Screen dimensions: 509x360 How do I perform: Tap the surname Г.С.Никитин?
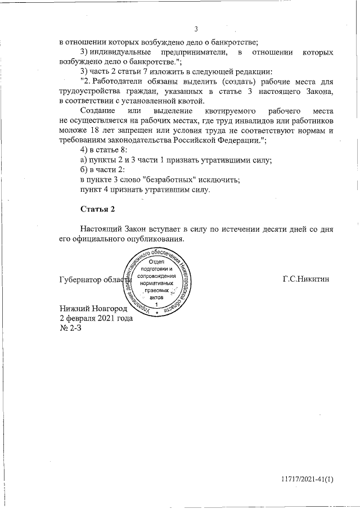point(307,279)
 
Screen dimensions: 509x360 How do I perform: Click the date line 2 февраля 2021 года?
point(96,318)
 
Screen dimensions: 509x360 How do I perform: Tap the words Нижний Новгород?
point(94,308)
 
